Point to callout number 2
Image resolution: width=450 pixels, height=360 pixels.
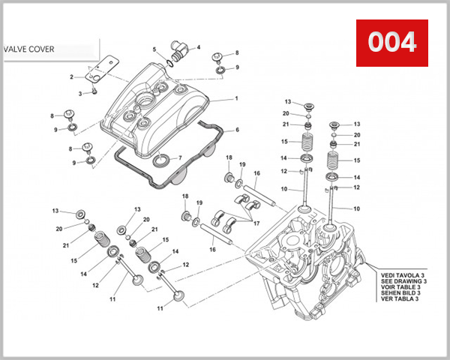tap(71, 76)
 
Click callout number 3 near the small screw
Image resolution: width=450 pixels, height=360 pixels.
tap(82, 94)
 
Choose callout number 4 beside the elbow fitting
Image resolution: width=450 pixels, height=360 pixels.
tap(199, 48)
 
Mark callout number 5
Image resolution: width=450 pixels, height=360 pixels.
tap(154, 49)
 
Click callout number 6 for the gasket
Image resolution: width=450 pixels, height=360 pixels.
tap(237, 130)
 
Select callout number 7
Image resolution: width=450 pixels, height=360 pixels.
tap(181, 157)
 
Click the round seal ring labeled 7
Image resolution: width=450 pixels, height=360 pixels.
tap(161, 160)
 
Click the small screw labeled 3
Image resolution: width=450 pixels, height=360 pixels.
tap(96, 91)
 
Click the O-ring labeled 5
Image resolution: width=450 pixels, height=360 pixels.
tap(169, 58)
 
